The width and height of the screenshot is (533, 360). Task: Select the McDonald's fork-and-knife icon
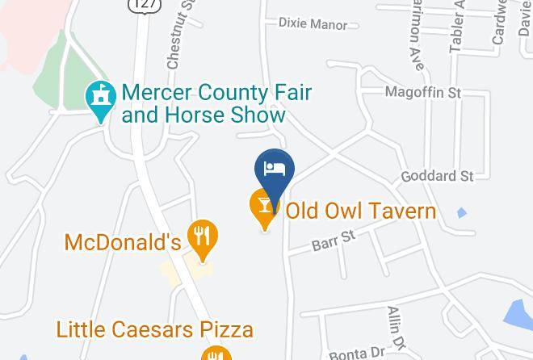202,237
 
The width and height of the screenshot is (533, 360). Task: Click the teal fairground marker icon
100,99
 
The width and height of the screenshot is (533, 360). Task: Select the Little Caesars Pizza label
154,329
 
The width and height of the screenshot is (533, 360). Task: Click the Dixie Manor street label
313,24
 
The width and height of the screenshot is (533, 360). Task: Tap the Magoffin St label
422,93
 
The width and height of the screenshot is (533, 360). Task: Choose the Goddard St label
437,176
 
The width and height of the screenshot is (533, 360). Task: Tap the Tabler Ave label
458,28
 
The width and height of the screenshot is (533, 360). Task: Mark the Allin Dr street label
396,327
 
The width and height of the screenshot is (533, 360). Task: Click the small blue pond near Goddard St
461,213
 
